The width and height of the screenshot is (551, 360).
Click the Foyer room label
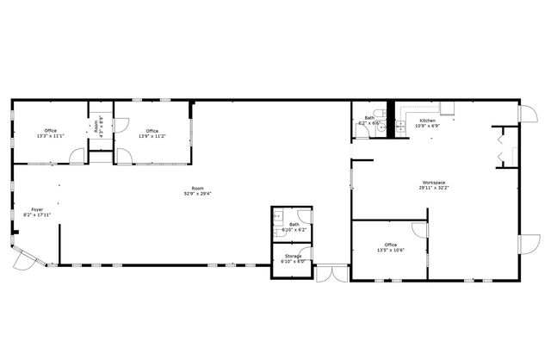coord(37,209)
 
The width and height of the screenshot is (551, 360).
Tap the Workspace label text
coord(433,183)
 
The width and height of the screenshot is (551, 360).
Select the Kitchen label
coord(427,120)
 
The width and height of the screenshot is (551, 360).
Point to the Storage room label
coord(294,256)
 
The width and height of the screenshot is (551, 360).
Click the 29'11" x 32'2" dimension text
coord(433,188)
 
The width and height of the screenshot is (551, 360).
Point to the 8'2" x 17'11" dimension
coord(37,214)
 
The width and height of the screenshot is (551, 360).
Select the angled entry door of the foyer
coord(31,256)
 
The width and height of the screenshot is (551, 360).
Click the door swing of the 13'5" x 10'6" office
coord(420,230)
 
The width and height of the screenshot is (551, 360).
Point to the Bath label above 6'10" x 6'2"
coord(294,225)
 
